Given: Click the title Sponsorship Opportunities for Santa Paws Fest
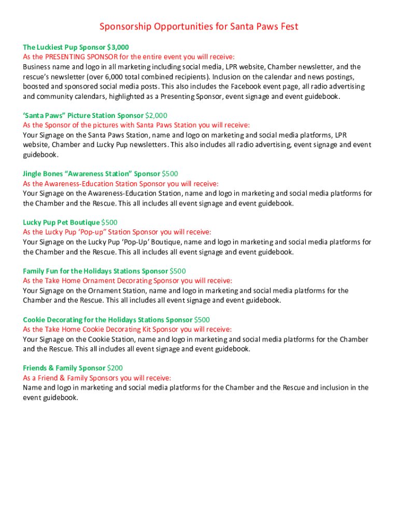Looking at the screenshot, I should [x=199, y=26].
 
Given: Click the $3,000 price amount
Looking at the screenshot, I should [x=118, y=47].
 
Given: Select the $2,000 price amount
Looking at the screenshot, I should [x=156, y=115].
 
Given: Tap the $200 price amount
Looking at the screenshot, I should [x=115, y=368].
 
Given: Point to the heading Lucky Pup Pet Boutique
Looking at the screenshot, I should [x=61, y=222].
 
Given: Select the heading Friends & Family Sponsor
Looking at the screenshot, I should [x=64, y=368].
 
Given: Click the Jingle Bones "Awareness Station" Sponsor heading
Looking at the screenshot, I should [x=91, y=173].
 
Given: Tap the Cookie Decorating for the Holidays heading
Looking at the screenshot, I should [x=107, y=319].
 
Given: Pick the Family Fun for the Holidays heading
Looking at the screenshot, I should [x=95, y=271].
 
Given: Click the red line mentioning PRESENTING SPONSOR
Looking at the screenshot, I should [x=129, y=56].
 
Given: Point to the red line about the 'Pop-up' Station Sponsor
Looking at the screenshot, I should [x=117, y=232].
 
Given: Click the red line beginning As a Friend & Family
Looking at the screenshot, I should [x=97, y=378].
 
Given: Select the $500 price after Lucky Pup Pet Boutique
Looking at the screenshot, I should [x=109, y=222].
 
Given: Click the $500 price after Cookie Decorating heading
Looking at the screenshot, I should [x=202, y=319].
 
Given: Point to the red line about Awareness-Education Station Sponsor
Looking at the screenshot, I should [x=121, y=183].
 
